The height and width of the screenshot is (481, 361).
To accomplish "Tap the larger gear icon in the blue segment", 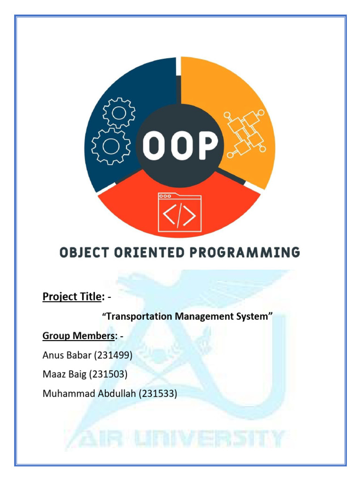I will (x=111, y=146).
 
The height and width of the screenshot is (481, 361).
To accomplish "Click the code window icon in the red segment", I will (x=180, y=213).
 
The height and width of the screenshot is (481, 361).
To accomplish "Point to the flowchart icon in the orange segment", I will (x=245, y=134).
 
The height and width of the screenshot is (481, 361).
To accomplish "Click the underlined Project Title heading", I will (x=72, y=297).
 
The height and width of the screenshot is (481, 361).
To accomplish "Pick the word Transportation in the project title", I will (x=138, y=317).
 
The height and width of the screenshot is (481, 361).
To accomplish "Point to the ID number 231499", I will (x=113, y=356).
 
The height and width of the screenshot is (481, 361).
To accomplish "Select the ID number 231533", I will (x=158, y=394).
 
